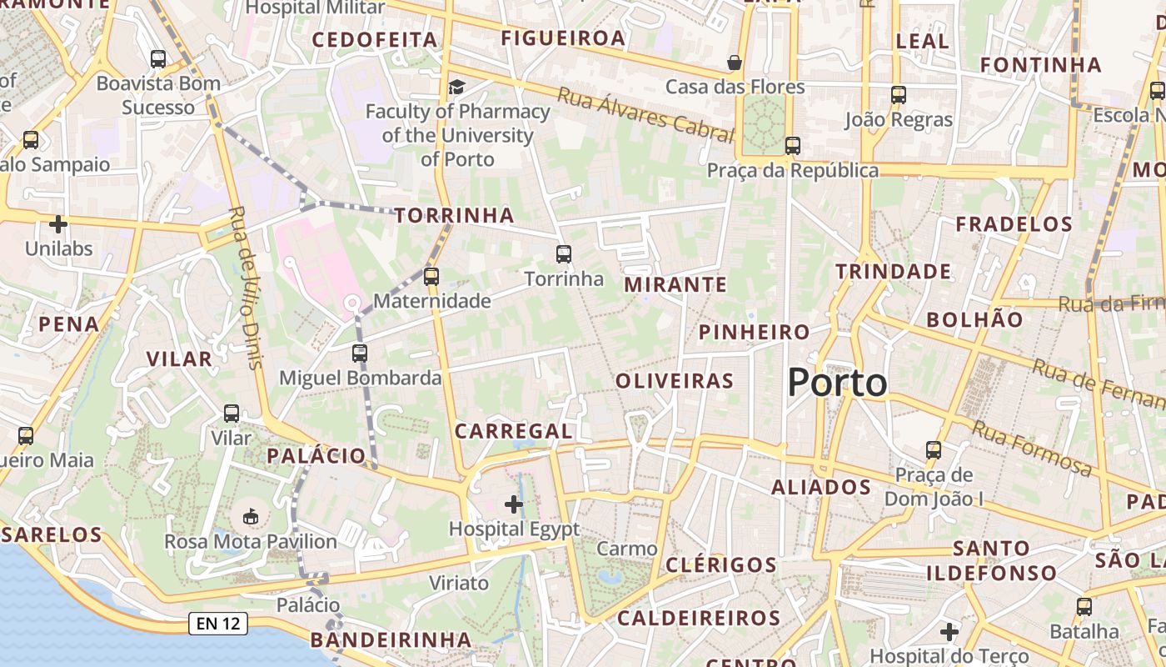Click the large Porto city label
pyautogui.click(x=837, y=383)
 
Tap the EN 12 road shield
pyautogui.click(x=219, y=623)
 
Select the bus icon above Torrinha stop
pyautogui.click(x=564, y=254)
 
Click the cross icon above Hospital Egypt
pyautogui.click(x=514, y=504)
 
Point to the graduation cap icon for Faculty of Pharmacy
pyautogui.click(x=456, y=87)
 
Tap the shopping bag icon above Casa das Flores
pyautogui.click(x=735, y=63)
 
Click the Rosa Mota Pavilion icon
pyautogui.click(x=251, y=517)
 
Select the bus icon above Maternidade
pyautogui.click(x=431, y=276)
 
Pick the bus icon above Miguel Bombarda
pyautogui.click(x=360, y=353)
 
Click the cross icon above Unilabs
pyautogui.click(x=58, y=224)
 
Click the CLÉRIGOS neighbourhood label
pyautogui.click(x=721, y=564)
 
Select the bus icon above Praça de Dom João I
pyautogui.click(x=934, y=450)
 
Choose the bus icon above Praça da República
pyautogui.click(x=792, y=146)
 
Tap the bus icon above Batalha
pyautogui.click(x=1084, y=607)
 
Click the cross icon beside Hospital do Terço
pyautogui.click(x=949, y=632)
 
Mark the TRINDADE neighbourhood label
pyautogui.click(x=893, y=272)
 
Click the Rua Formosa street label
pyautogui.click(x=1032, y=449)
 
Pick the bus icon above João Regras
pyautogui.click(x=898, y=95)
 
